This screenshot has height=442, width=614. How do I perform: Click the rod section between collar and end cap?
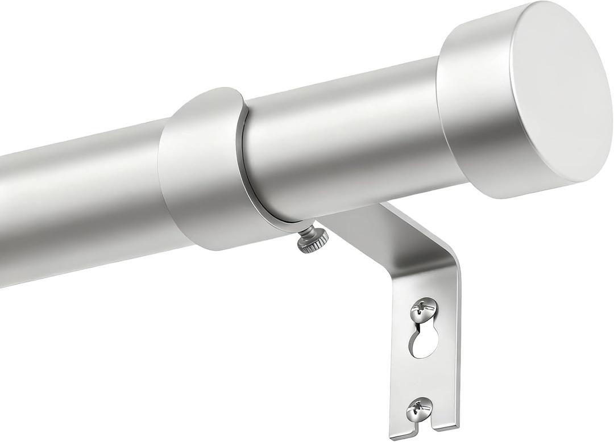point(341,142)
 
